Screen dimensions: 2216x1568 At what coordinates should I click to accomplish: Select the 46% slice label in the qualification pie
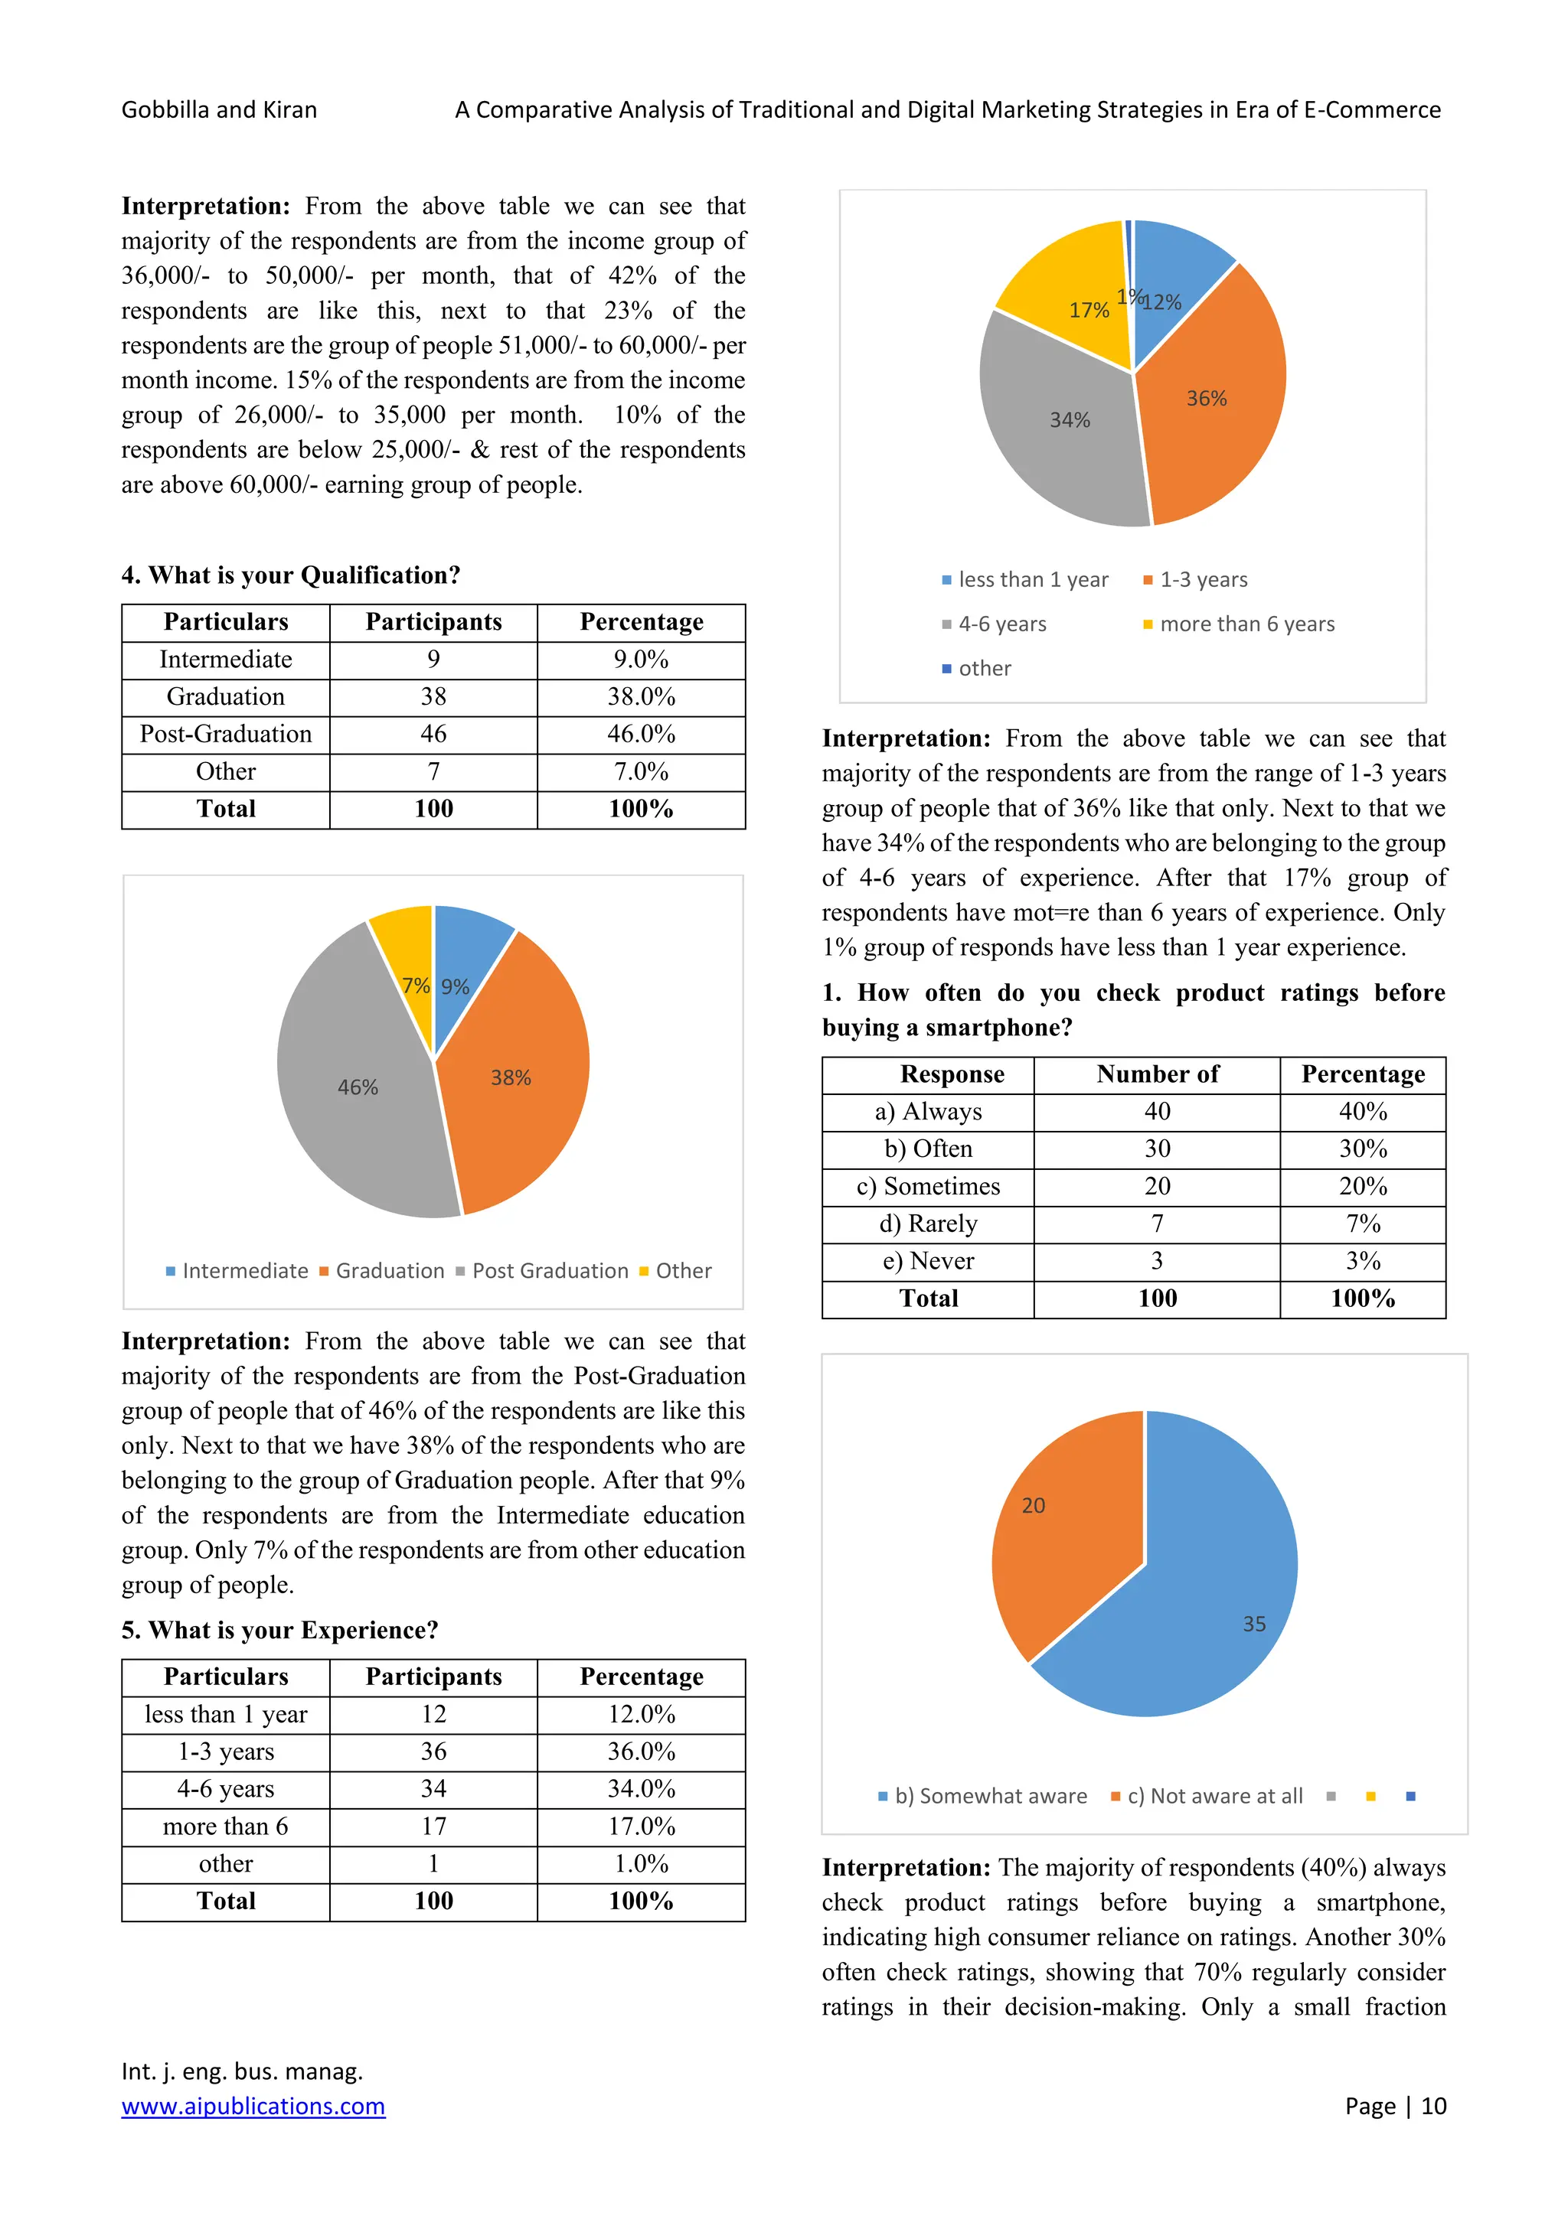(x=358, y=1088)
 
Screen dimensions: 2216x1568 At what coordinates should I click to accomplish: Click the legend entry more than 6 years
(x=1246, y=624)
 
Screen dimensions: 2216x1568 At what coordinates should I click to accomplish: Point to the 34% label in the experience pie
(x=1070, y=420)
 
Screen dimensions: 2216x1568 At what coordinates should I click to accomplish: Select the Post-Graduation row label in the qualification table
(x=226, y=735)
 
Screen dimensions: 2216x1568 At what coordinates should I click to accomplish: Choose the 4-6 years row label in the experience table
(x=226, y=1788)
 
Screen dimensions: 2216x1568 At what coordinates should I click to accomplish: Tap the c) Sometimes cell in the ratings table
(x=928, y=1186)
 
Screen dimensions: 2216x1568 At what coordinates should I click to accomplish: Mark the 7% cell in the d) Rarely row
(x=1362, y=1224)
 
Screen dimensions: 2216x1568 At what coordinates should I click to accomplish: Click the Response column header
(x=951, y=1074)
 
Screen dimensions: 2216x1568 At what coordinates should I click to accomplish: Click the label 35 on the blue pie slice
(x=1253, y=1625)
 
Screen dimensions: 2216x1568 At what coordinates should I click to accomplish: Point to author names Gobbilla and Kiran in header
(x=219, y=110)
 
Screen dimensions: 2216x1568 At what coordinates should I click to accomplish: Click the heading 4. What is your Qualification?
(x=291, y=575)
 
